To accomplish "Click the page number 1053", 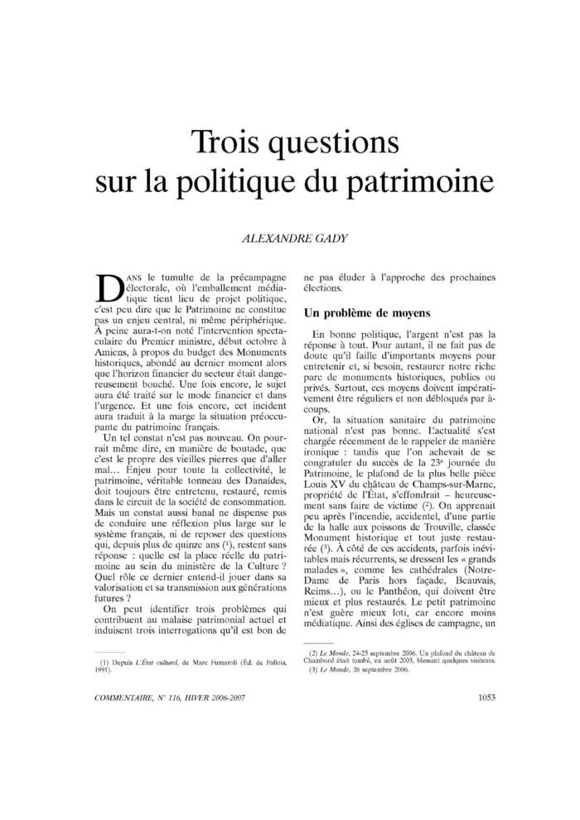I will (487, 697).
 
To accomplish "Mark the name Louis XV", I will (329, 470).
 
